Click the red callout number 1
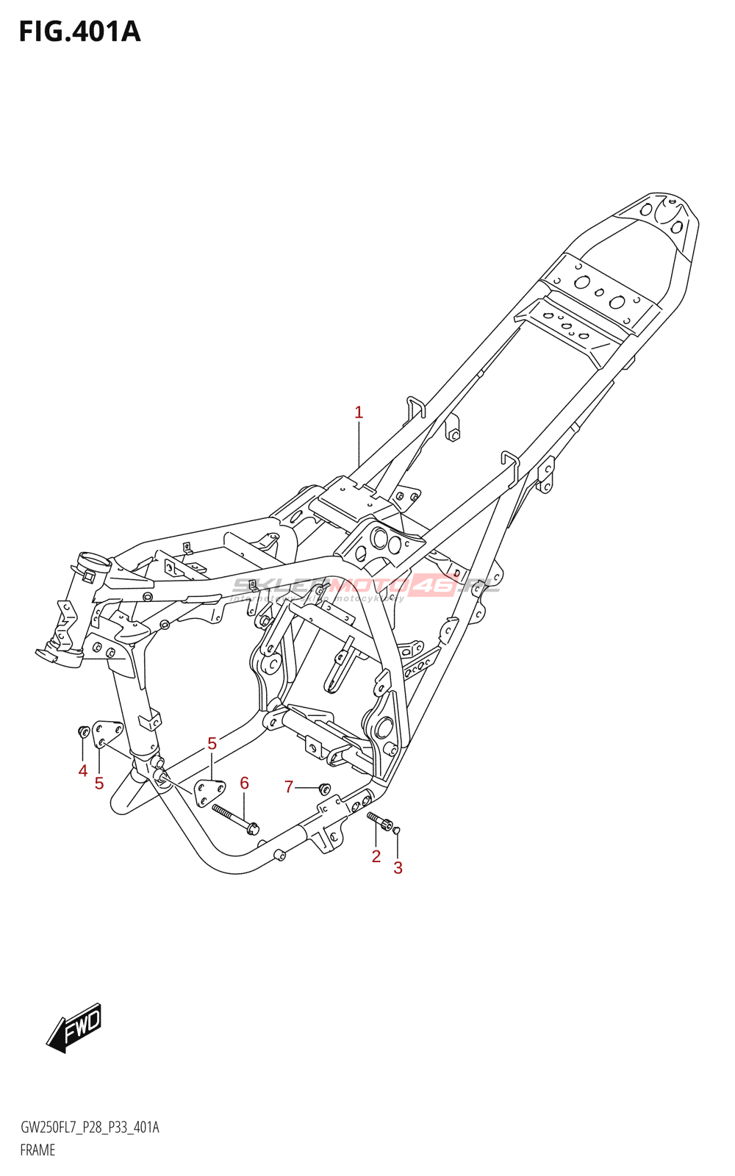pos(359,412)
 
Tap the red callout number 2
pos(376,856)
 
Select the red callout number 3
pos(398,868)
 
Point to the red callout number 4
pos(83,771)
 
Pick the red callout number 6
pos(245,784)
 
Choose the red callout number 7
pos(289,787)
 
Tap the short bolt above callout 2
pos(381,821)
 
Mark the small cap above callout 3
pos(397,831)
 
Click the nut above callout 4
pos(83,731)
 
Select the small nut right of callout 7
pos(323,789)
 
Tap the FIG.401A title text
pos(79,32)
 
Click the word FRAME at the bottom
pos(37,1150)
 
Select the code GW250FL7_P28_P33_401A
pos(90,1127)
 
